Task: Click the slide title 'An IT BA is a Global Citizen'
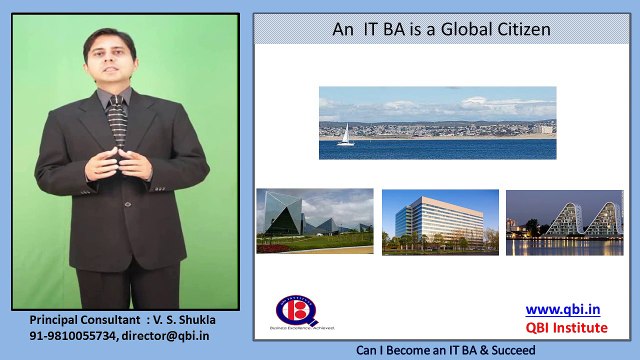click(441, 30)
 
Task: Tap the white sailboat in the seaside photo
click(346, 135)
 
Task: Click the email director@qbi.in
click(169, 337)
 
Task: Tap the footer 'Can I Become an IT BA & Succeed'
click(441, 351)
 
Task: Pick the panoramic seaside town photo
click(437, 123)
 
